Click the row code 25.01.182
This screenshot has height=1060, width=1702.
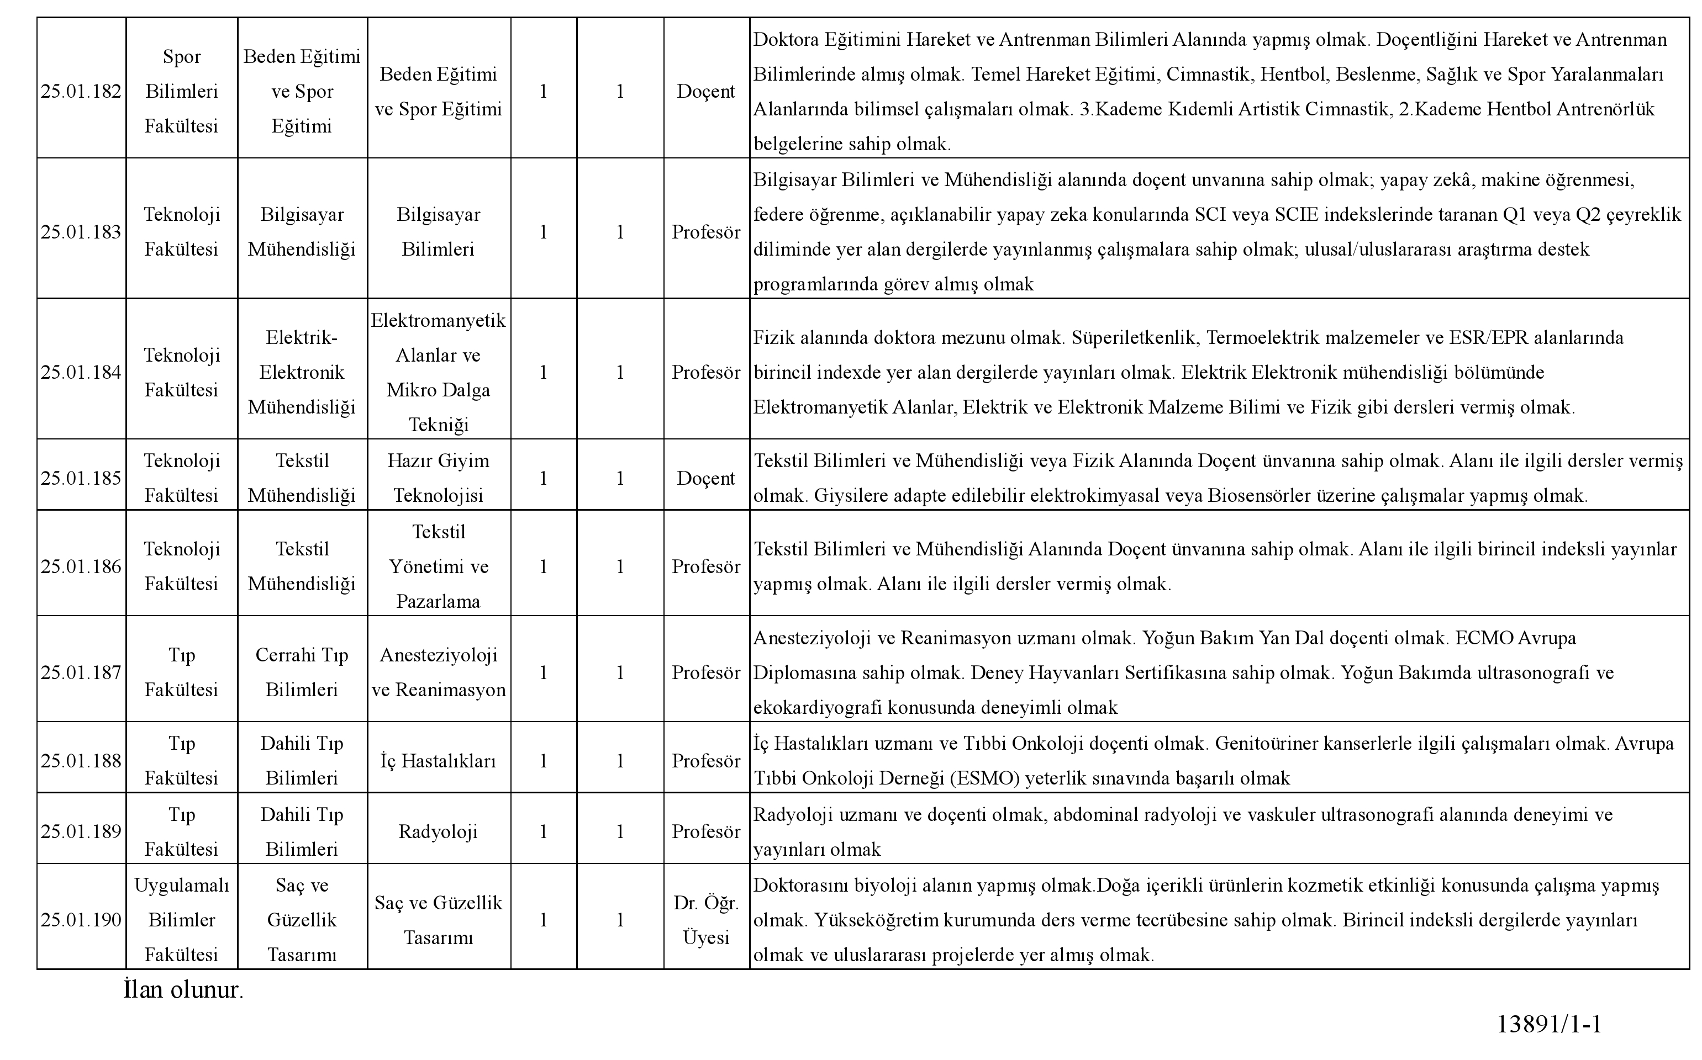[81, 92]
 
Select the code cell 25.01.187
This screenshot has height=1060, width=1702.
[81, 673]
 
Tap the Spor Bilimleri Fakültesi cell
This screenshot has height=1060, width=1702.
[182, 92]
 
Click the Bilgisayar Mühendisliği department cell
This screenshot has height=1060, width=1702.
[302, 232]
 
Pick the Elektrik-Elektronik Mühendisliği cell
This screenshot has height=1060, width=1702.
[302, 372]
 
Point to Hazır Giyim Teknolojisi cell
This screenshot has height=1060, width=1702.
[438, 478]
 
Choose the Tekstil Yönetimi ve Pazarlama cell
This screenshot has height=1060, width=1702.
[438, 566]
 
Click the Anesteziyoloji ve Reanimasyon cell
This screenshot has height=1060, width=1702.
[438, 673]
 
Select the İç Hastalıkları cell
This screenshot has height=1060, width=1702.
[438, 761]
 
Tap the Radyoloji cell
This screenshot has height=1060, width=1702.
[438, 832]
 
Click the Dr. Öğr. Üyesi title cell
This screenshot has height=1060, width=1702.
[706, 920]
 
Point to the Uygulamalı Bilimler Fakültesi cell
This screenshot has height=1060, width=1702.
[182, 920]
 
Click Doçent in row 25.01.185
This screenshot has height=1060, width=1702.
[706, 478]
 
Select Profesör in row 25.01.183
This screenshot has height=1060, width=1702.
[706, 232]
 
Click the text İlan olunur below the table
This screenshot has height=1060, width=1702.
[183, 990]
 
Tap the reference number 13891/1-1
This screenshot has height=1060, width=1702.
[1549, 1024]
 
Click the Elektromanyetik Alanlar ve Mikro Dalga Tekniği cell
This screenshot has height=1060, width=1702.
[438, 372]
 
